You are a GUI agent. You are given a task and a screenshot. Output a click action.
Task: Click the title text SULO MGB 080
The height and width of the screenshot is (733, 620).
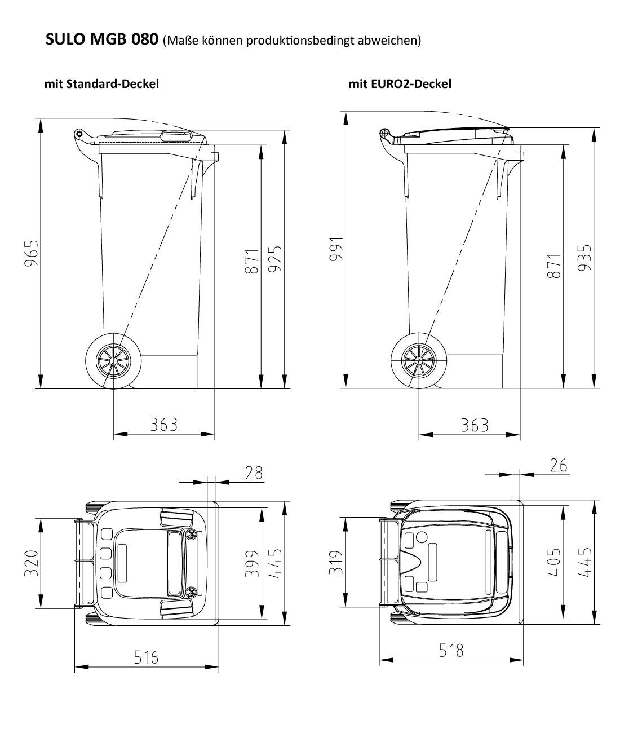click(x=101, y=40)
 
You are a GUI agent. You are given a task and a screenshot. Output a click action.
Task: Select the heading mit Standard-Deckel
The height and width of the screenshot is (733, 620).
click(x=101, y=84)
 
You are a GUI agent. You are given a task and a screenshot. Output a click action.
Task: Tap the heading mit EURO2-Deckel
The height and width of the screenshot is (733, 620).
click(x=400, y=84)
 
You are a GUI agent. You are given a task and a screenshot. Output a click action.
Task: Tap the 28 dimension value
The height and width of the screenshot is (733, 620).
click(x=254, y=473)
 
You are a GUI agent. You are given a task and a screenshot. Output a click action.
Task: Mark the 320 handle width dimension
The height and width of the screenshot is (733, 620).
click(x=32, y=563)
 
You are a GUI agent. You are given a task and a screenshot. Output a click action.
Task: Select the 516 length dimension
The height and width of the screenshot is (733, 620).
click(x=146, y=657)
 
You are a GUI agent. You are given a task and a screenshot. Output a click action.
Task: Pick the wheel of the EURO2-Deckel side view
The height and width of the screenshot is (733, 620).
click(x=419, y=359)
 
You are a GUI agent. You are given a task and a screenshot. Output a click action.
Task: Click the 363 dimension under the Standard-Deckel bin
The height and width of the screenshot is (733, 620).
click(x=163, y=424)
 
